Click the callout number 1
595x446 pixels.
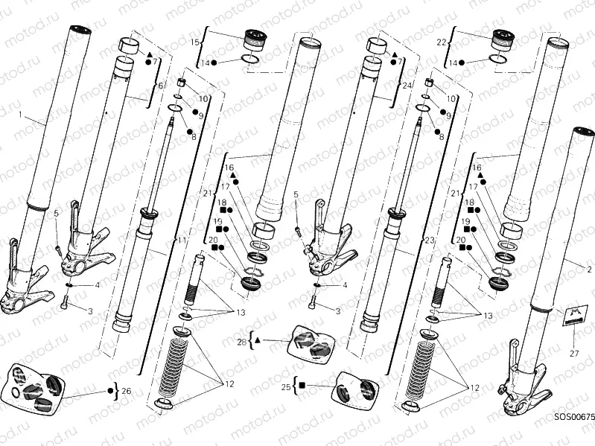pyautogui.click(x=21, y=118)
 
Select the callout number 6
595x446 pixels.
pyautogui.click(x=159, y=86)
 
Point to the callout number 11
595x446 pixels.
pyautogui.click(x=181, y=240)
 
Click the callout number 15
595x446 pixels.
pyautogui.click(x=196, y=42)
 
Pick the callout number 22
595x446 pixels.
pyautogui.click(x=441, y=42)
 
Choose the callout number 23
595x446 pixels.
pyautogui.click(x=428, y=240)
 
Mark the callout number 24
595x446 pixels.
pyautogui.click(x=407, y=86)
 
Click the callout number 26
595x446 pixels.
pyautogui.click(x=126, y=390)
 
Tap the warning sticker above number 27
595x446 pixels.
pyautogui.click(x=570, y=316)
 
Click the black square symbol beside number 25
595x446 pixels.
pyautogui.click(x=304, y=386)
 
